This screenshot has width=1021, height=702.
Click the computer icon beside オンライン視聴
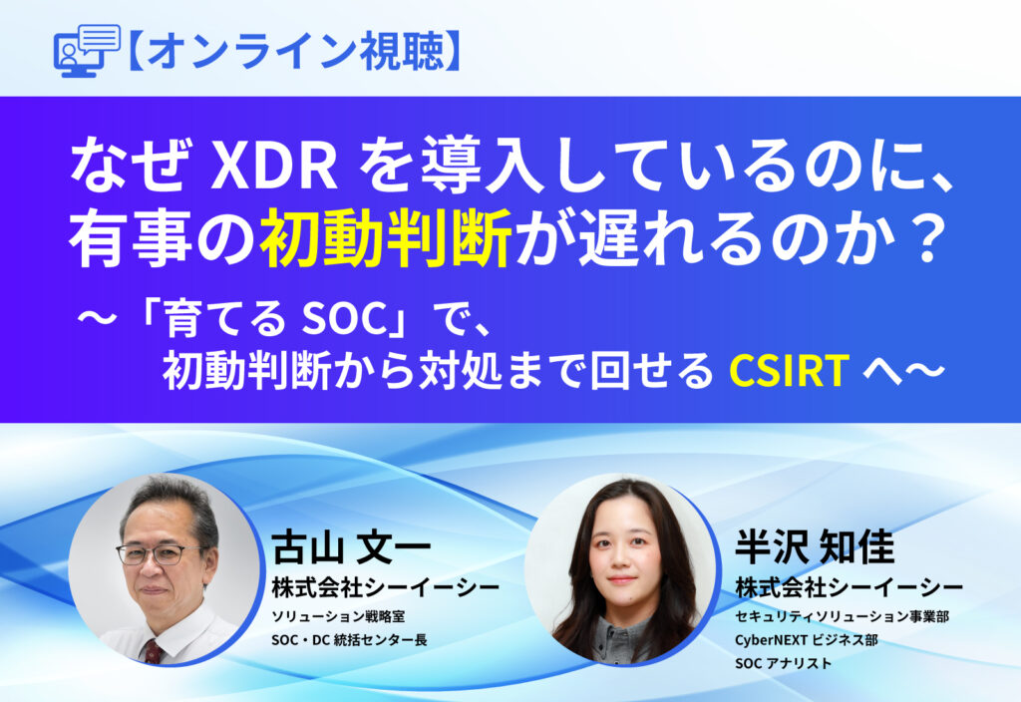click(84, 50)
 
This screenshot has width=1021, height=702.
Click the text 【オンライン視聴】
click(294, 51)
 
